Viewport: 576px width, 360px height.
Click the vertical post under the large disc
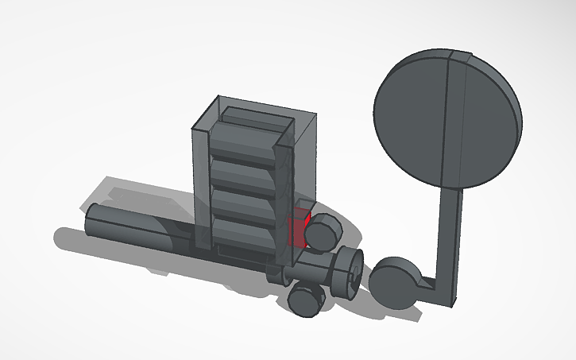click(x=450, y=230)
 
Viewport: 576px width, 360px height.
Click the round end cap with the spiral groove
click(x=348, y=271)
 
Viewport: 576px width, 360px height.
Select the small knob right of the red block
click(x=323, y=231)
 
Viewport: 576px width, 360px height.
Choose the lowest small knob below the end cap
click(x=305, y=300)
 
